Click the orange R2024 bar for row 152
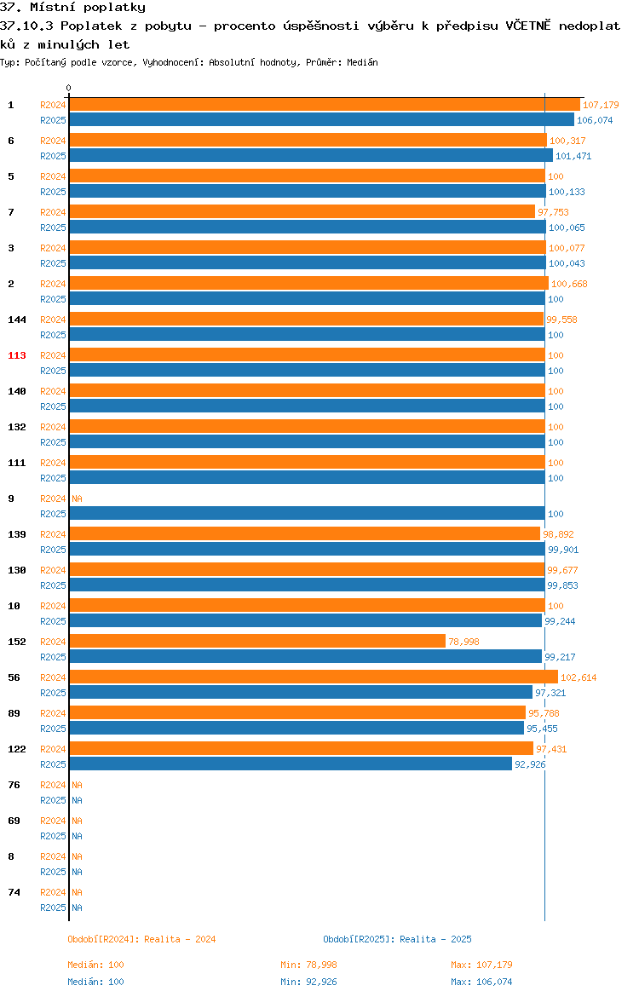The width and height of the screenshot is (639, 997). coord(257,642)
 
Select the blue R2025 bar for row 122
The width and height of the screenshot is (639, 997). coord(291,764)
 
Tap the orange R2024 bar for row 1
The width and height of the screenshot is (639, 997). coord(325,105)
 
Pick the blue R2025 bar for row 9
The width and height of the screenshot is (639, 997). coord(307,514)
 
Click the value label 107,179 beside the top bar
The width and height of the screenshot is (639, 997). coord(601,105)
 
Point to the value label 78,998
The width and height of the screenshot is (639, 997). coord(463,642)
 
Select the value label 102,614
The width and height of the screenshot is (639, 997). coord(579,677)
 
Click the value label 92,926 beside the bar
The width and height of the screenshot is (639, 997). coord(530,764)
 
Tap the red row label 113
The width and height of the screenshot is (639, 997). coord(17,355)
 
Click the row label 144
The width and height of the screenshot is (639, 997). coord(17,320)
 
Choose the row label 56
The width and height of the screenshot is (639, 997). coord(14,677)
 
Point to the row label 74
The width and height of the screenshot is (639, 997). coord(14,893)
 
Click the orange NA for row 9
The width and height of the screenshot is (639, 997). coord(77,498)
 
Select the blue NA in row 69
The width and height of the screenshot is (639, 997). coord(77,836)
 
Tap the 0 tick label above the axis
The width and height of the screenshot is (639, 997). coord(69,89)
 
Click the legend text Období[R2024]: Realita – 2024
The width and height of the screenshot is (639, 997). coord(141,939)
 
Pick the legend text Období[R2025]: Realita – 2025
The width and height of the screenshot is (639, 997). coord(397,939)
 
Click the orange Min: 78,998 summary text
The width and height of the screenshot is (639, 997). coord(309,965)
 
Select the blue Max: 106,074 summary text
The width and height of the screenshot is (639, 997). coord(481,982)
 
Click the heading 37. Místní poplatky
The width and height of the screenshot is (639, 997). coord(73,8)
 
